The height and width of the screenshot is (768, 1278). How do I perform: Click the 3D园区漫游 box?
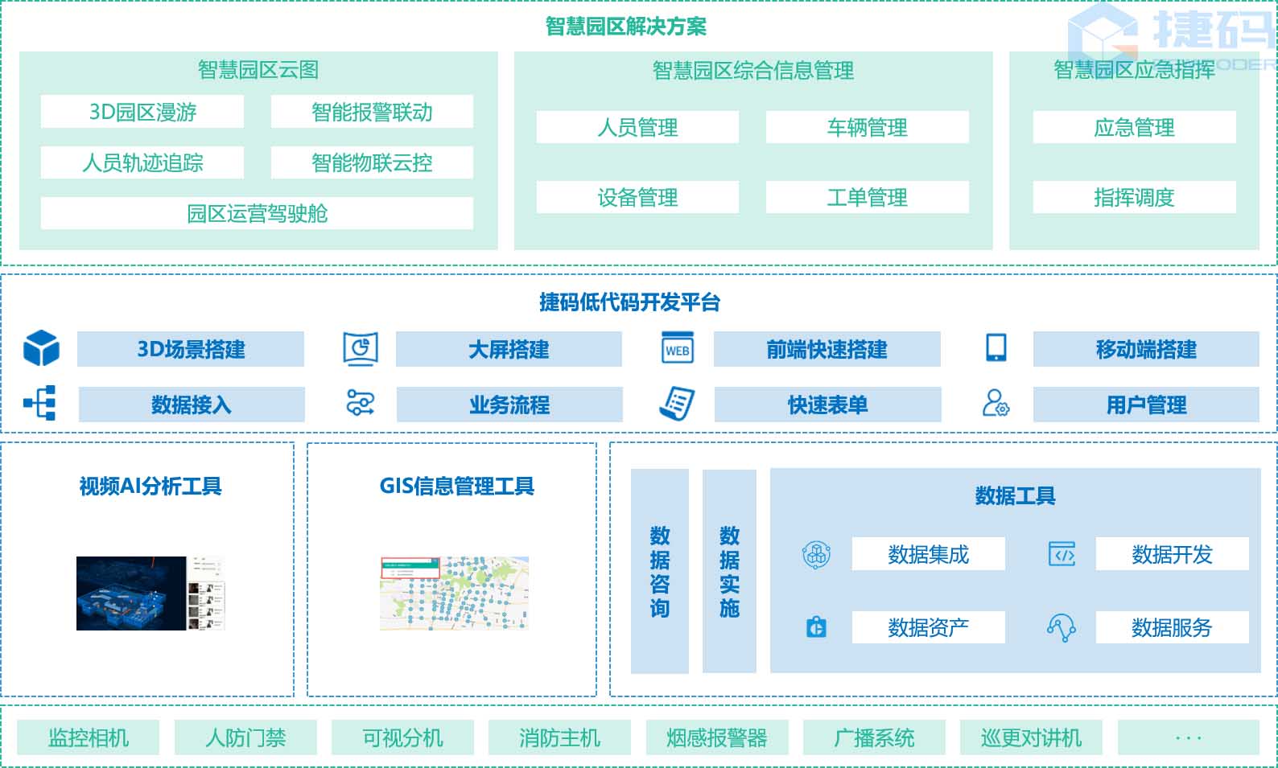point(142,112)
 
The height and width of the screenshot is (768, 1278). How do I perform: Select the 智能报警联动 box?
point(372,112)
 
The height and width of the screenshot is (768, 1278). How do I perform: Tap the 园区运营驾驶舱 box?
point(257,213)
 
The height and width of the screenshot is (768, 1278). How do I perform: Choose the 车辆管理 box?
point(867,127)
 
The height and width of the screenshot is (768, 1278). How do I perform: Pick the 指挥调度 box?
point(1134,197)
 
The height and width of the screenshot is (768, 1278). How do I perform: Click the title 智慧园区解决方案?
point(625,27)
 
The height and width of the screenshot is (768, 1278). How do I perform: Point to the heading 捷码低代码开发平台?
point(629,302)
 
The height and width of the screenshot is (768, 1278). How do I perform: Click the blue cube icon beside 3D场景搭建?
point(41,348)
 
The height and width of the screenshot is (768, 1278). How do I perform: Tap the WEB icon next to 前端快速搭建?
point(678,349)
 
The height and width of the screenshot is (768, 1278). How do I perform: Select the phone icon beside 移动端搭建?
point(996,347)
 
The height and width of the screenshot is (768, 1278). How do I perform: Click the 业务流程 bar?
point(509,405)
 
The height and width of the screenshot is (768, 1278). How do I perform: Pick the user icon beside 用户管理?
point(996,403)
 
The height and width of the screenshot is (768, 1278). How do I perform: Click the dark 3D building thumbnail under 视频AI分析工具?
point(131,593)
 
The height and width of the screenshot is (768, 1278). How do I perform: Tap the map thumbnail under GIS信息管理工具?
point(454,593)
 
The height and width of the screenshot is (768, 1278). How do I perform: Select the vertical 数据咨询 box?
point(660,571)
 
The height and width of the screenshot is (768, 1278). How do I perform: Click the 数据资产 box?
point(928,627)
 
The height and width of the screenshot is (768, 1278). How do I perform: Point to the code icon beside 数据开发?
point(1062,554)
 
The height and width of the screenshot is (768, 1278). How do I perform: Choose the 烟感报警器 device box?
point(716,737)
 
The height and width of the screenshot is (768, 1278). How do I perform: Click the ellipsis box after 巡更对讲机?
point(1188,737)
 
